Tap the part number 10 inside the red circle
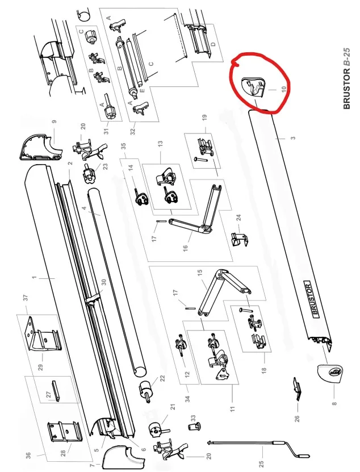click(271, 89)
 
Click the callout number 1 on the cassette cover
click(34, 278)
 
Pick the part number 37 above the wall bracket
click(26, 298)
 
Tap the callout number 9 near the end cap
click(54, 122)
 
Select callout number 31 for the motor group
click(106, 132)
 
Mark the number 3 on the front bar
click(293, 137)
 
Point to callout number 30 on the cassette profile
click(103, 282)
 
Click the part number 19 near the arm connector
click(204, 118)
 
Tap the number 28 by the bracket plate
click(64, 452)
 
